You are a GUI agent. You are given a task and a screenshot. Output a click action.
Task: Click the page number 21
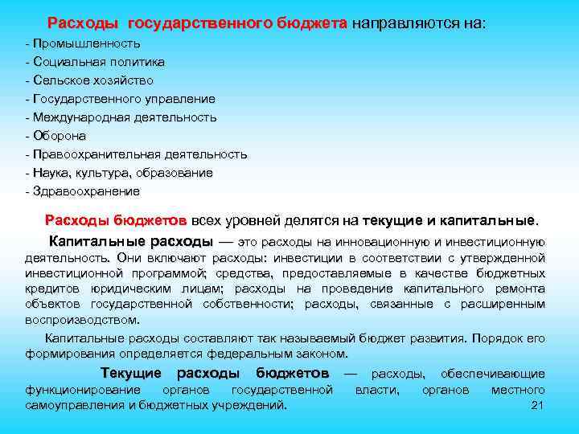[539, 404]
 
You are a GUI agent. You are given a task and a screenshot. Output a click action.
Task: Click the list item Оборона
[59, 136]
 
